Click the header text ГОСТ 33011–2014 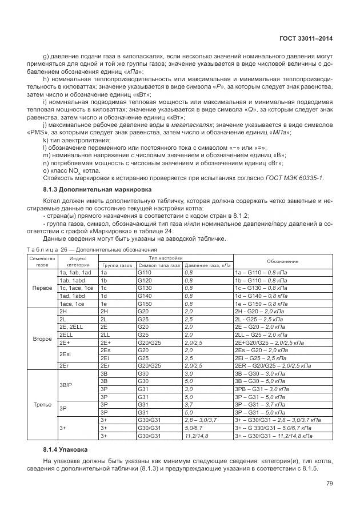307,39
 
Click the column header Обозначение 282,261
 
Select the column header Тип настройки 165,258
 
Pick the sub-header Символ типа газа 158,265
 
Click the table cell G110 143,273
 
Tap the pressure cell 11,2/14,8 196,436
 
